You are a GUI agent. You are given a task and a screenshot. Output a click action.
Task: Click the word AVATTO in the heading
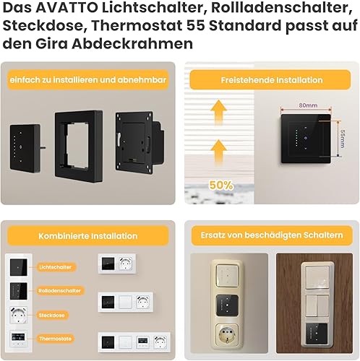[67, 8]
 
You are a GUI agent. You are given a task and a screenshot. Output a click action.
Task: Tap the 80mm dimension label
[308, 105]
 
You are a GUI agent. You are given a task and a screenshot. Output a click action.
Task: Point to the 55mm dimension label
[343, 139]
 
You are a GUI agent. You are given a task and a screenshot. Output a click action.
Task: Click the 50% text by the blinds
[221, 185]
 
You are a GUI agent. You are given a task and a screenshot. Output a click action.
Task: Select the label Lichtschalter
[56, 267]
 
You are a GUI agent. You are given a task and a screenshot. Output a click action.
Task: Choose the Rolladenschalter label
[59, 291]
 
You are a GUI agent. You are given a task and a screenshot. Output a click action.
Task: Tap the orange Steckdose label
[52, 316]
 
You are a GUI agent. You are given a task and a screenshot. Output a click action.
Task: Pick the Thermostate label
[56, 339]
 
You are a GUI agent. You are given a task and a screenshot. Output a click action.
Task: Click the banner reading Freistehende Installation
[271, 80]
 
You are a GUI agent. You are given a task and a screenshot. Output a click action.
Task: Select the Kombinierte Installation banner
[88, 236]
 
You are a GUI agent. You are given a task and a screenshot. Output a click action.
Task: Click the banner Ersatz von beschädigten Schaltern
[272, 235]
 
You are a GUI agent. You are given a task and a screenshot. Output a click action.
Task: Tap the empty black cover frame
[79, 146]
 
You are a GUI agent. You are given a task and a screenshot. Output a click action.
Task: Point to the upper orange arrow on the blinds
[218, 112]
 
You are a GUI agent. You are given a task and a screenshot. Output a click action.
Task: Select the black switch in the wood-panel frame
[317, 334]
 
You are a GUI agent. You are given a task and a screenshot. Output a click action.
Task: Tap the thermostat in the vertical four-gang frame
[18, 338]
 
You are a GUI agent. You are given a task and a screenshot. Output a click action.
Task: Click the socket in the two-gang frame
[126, 264]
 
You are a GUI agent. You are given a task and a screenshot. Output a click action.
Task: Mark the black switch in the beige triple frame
[227, 305]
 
